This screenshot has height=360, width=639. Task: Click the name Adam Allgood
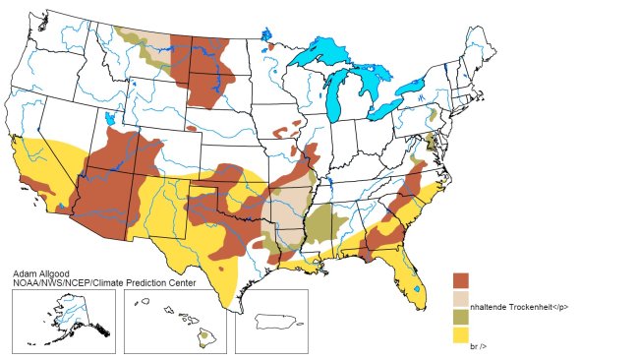[x=40, y=272]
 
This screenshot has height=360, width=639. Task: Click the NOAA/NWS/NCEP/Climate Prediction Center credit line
[x=104, y=282]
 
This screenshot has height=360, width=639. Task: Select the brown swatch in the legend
[x=461, y=281]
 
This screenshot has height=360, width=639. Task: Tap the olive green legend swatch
[x=461, y=317]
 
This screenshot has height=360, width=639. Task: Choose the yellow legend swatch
[x=461, y=334]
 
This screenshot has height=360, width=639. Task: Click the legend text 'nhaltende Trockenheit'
[x=520, y=307]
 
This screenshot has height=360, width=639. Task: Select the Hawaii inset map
[x=175, y=321]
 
